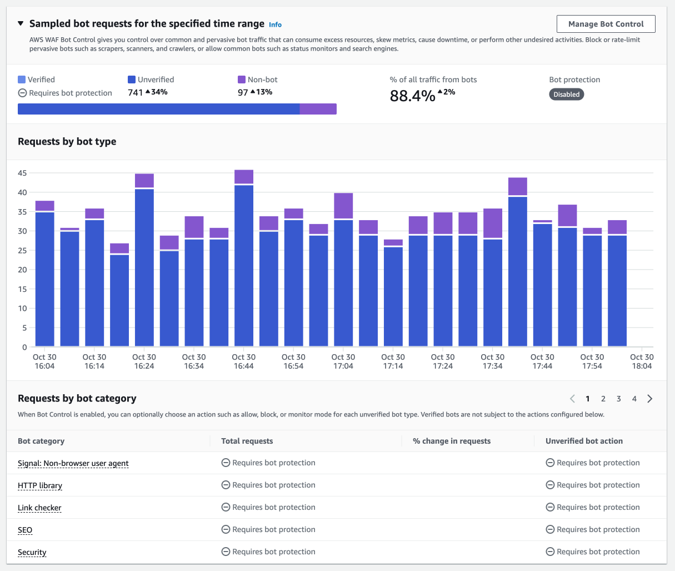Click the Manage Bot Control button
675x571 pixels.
[x=606, y=24]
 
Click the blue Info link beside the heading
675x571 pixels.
[x=275, y=25]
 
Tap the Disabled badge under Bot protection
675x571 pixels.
[x=566, y=95]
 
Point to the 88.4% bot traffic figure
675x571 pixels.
[x=412, y=96]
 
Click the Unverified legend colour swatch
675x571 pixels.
[x=132, y=80]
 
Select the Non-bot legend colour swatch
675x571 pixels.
[x=242, y=80]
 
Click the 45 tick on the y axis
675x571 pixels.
[x=22, y=173]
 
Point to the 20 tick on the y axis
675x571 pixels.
[x=22, y=270]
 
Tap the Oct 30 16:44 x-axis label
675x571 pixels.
[x=244, y=361]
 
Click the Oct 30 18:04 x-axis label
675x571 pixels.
[x=642, y=361]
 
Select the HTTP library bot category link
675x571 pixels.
[x=40, y=485]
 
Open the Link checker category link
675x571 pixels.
[x=39, y=508]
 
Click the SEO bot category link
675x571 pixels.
[x=25, y=530]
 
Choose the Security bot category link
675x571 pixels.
[x=32, y=552]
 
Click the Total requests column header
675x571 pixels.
[x=247, y=441]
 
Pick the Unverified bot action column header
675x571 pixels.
[x=584, y=441]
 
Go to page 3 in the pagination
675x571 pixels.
[x=619, y=399]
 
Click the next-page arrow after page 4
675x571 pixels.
[x=650, y=399]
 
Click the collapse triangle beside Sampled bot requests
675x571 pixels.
[x=21, y=24]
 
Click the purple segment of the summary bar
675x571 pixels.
[x=318, y=109]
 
